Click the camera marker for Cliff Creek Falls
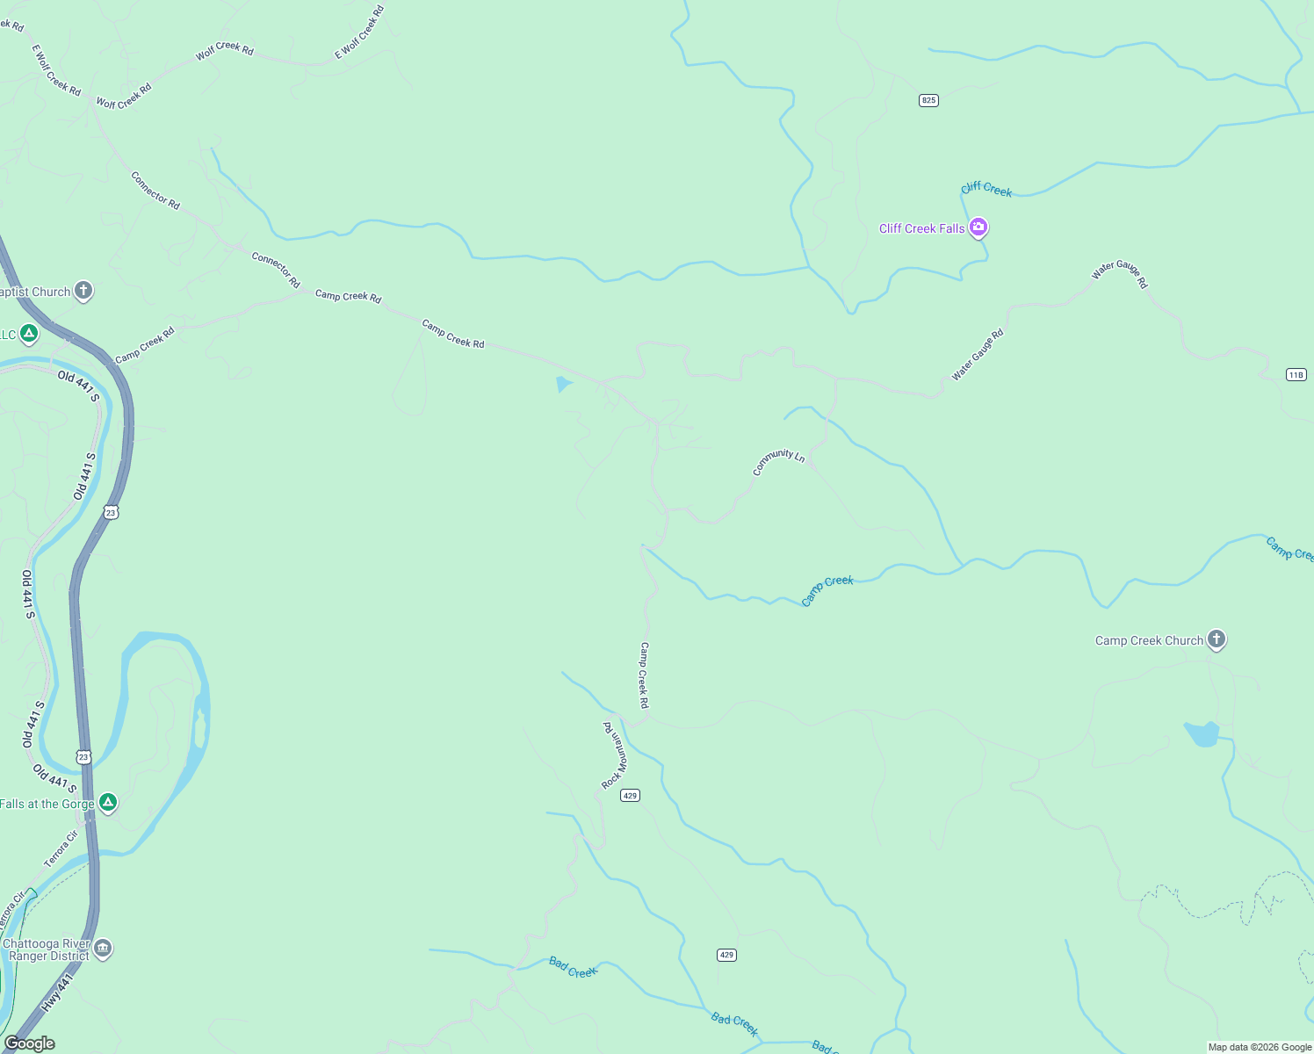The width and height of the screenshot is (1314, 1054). [978, 228]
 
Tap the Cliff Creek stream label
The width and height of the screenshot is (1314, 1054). [985, 189]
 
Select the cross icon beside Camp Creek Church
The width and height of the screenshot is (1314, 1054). [1217, 639]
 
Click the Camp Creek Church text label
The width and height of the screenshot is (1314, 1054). [1149, 641]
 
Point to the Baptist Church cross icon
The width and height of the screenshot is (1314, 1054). [83, 291]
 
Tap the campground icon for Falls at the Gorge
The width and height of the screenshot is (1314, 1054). [108, 803]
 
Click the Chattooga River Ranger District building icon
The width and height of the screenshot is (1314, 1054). [103, 949]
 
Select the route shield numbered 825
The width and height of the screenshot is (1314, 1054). [928, 100]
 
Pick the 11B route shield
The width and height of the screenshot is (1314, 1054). [1296, 375]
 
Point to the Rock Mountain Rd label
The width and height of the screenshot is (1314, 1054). [615, 755]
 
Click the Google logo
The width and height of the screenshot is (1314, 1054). [30, 1043]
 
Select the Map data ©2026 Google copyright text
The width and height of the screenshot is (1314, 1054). [1260, 1047]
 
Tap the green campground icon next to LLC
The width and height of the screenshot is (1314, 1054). [29, 334]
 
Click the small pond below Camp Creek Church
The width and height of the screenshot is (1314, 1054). [1202, 733]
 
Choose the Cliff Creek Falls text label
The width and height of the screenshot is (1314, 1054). [921, 229]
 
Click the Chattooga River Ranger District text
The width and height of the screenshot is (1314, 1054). [47, 949]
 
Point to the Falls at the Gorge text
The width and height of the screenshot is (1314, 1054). [47, 804]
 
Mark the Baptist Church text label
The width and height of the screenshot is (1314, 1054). [35, 292]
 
